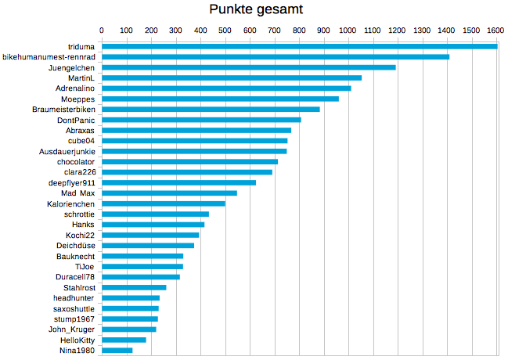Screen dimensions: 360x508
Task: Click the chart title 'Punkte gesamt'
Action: point(256,9)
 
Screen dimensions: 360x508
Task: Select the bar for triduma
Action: point(299,46)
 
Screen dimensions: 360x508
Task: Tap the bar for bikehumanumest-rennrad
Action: point(275,57)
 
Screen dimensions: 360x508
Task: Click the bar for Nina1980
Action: point(117,350)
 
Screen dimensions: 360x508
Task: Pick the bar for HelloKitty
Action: point(124,340)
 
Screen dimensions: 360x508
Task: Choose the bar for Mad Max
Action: point(169,193)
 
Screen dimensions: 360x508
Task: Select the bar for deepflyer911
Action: point(178,182)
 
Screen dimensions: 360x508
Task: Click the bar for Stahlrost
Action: point(134,287)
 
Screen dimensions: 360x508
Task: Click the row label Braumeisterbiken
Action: point(63,109)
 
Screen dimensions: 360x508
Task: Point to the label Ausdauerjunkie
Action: point(67,151)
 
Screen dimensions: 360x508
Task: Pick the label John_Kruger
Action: point(73,329)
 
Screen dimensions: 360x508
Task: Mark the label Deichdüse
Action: point(76,246)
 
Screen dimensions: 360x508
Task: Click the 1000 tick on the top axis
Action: point(348,31)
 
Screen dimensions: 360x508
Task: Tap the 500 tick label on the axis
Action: point(225,31)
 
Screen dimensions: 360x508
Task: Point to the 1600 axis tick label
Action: point(495,31)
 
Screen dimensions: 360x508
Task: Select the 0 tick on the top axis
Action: point(102,31)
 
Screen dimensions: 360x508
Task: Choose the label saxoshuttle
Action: point(73,308)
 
